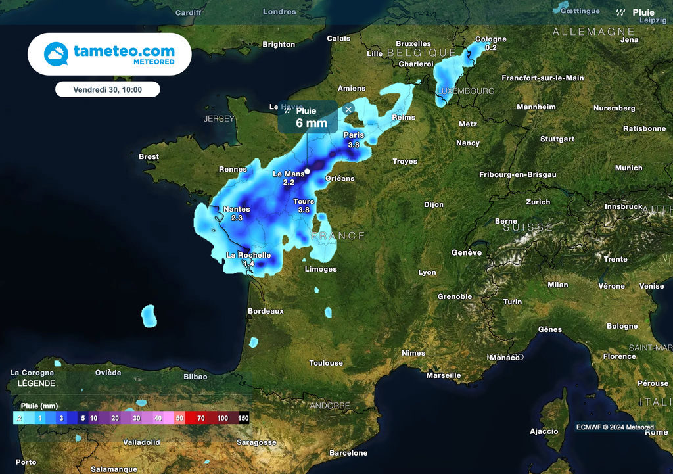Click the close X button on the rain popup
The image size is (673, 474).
[348, 109]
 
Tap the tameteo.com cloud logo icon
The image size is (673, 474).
[56, 54]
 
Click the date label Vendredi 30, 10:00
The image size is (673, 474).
[107, 89]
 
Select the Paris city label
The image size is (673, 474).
[354, 135]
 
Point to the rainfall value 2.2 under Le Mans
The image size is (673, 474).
[289, 182]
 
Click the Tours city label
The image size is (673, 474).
[304, 202]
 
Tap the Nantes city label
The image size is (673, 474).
[237, 210]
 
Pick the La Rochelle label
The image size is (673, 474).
[248, 255]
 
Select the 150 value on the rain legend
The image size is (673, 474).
[243, 418]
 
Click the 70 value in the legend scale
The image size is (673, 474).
[201, 418]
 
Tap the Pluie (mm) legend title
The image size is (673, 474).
[39, 406]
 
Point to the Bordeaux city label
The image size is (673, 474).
[266, 311]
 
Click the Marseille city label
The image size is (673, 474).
[444, 375]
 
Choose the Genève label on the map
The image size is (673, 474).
[467, 252]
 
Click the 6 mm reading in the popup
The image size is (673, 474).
[312, 123]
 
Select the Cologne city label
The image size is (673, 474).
[491, 39]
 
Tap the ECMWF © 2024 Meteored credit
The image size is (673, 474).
[615, 427]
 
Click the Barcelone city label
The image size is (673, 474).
[348, 453]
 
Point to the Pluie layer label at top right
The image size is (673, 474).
[643, 12]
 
